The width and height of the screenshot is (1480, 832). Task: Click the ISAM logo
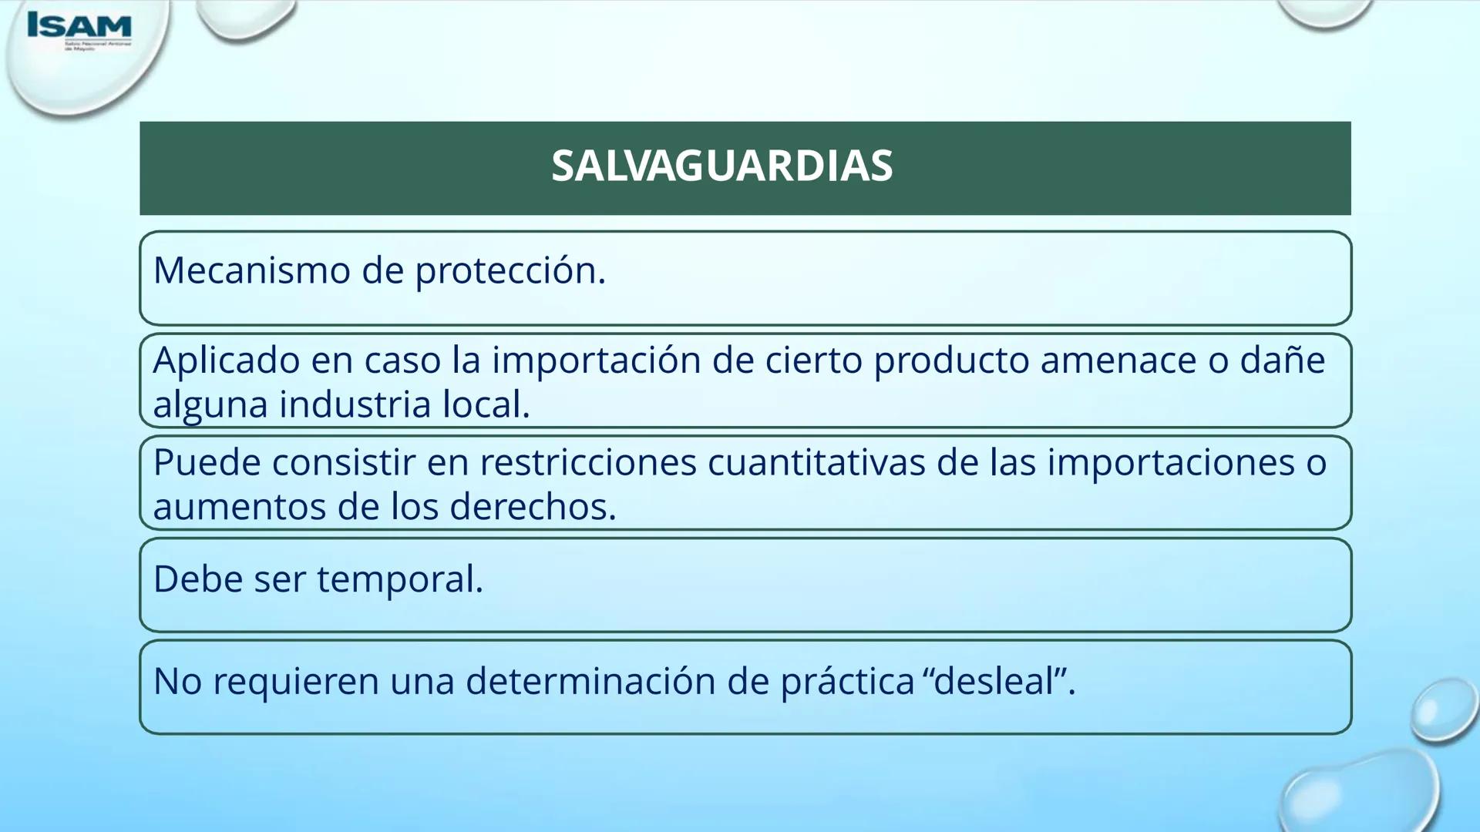click(x=79, y=29)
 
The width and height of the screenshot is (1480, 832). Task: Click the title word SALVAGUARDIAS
click(x=721, y=166)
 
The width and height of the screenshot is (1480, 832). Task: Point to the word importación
click(x=596, y=361)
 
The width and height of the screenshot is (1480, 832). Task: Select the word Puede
click(x=207, y=462)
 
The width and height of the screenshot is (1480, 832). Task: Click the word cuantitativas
click(x=816, y=462)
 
